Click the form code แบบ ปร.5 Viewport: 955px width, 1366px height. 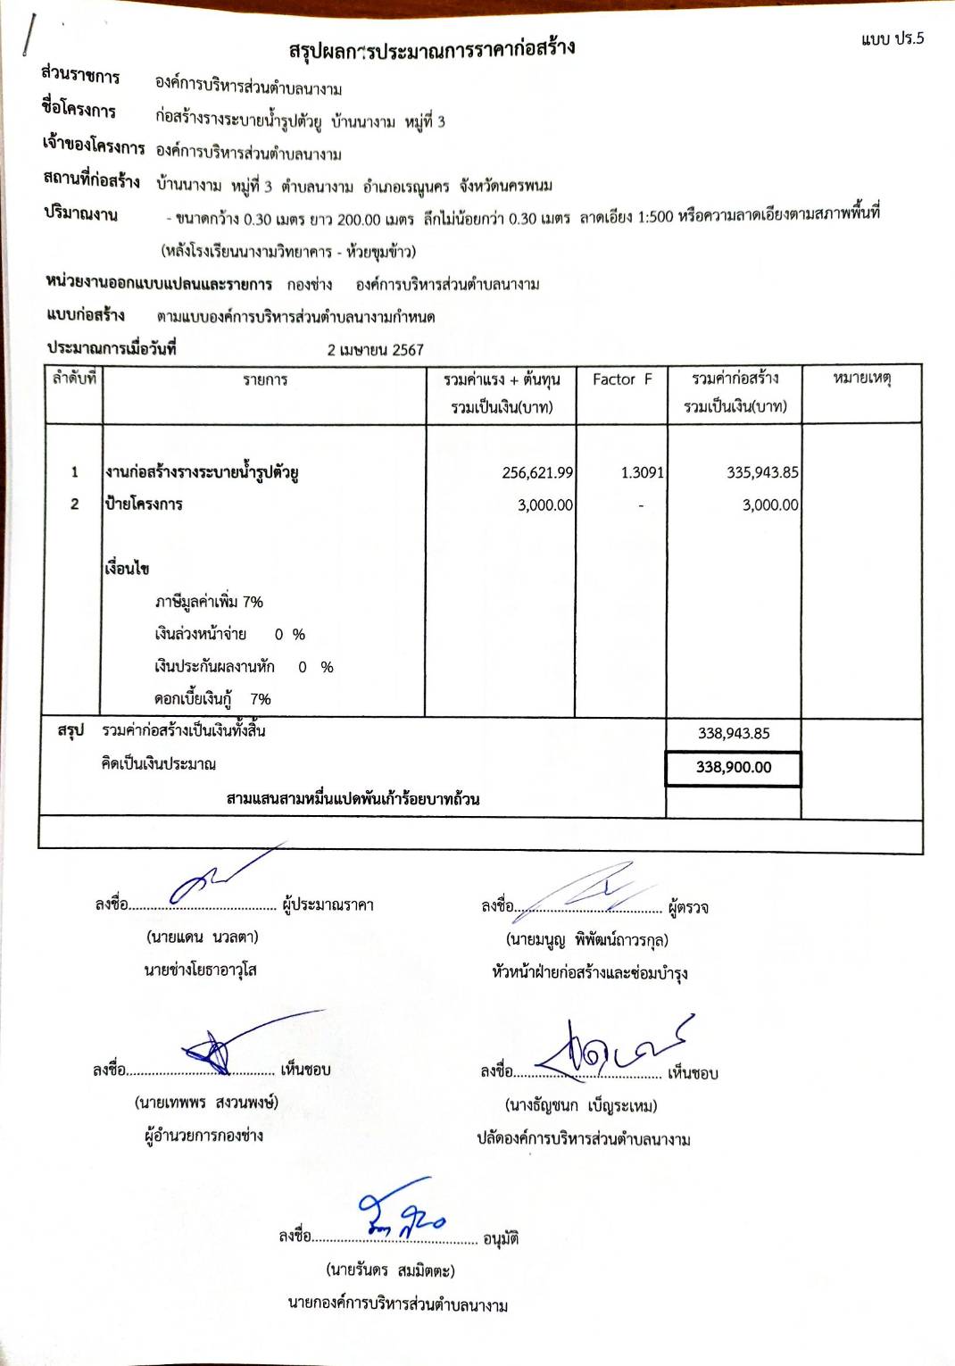[x=893, y=38]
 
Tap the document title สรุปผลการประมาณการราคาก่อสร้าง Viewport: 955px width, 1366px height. [x=431, y=49]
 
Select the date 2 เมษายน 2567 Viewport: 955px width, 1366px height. [x=375, y=350]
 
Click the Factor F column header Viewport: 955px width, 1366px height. [x=622, y=379]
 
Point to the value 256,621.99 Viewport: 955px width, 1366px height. [x=537, y=472]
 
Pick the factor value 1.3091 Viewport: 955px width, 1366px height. [x=642, y=472]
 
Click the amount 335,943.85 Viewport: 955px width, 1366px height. [x=762, y=472]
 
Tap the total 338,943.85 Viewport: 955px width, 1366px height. [x=734, y=733]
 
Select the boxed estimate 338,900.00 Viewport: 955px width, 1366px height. [x=734, y=768]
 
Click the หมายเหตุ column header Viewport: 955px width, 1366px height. [x=862, y=379]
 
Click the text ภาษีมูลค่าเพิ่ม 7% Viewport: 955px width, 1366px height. [x=209, y=602]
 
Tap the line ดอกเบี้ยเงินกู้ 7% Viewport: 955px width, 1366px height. [x=212, y=699]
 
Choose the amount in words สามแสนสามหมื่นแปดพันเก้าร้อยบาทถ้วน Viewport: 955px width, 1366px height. [x=353, y=798]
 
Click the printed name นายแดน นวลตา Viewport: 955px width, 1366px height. [x=203, y=937]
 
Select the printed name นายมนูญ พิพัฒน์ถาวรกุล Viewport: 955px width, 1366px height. [x=586, y=940]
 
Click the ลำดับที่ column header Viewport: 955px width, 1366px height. [x=74, y=379]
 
